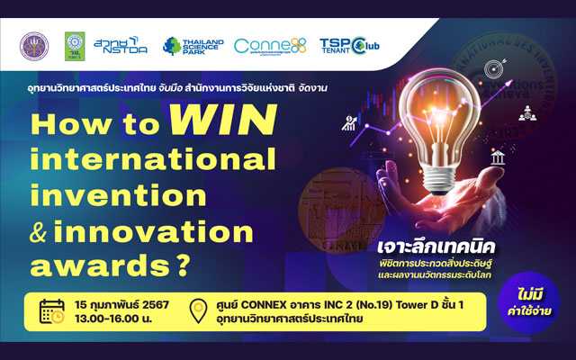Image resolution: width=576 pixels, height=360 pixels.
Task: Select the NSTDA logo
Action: pos(120,44)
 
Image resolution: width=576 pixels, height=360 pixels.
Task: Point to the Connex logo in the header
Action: pos(270,45)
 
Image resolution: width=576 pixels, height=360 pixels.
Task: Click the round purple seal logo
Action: pos(33,44)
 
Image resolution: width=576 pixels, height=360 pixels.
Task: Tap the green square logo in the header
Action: pos(75,44)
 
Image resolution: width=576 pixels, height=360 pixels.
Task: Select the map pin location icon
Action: pos(200,311)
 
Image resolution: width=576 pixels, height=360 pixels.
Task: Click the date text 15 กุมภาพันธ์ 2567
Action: pos(121,303)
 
